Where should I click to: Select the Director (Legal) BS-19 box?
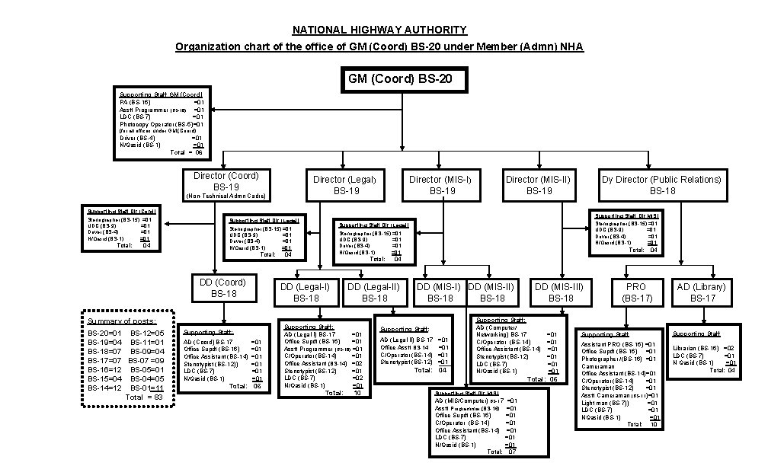[x=344, y=185]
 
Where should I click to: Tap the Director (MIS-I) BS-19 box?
[x=440, y=185]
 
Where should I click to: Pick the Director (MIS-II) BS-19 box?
[x=538, y=185]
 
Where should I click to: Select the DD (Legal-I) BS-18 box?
[x=306, y=292]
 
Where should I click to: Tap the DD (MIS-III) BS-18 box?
[x=558, y=292]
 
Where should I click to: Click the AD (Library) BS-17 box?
[x=702, y=292]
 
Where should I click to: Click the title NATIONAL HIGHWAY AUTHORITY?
[x=379, y=30]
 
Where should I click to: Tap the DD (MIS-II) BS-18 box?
[x=491, y=292]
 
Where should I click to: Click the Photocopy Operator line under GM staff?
[x=161, y=123]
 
